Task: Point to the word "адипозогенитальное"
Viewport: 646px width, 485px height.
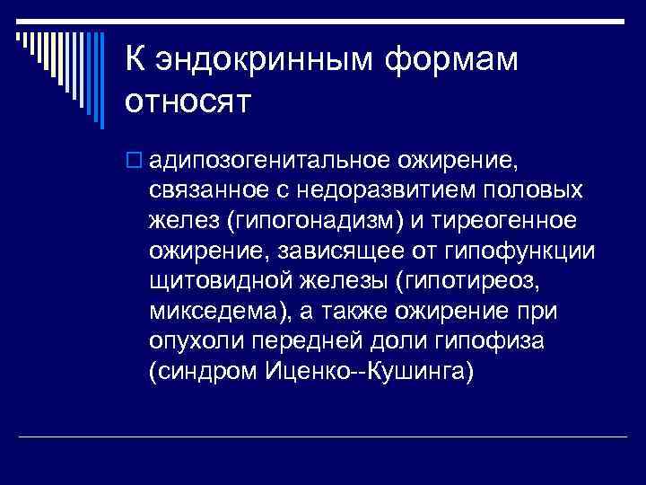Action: pyautogui.click(x=266, y=161)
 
